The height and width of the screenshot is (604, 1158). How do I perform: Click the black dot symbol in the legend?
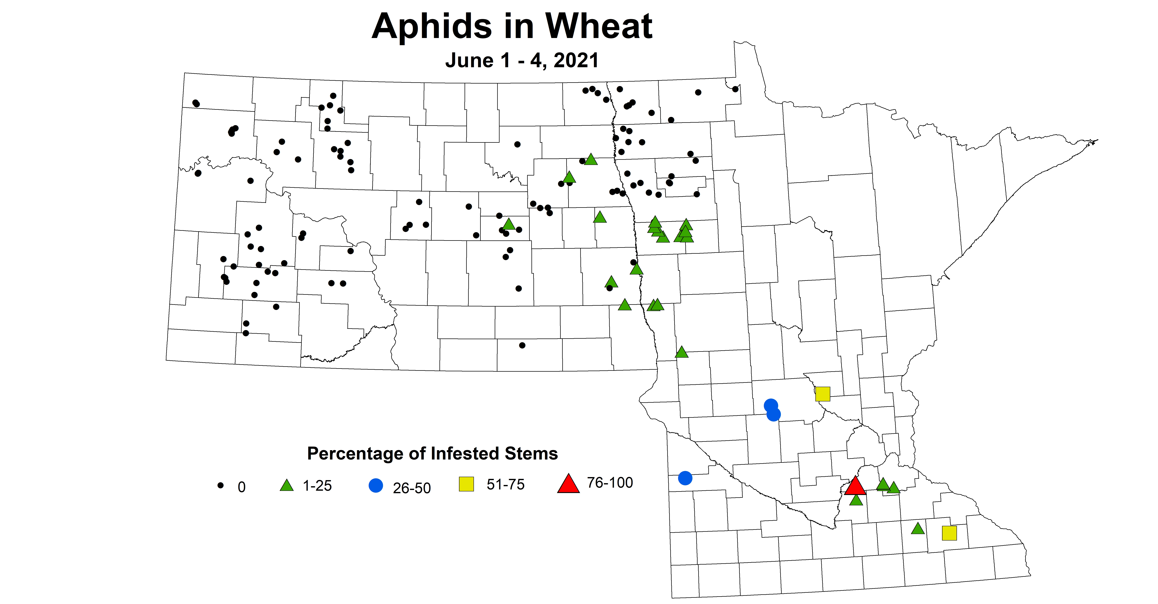(220, 485)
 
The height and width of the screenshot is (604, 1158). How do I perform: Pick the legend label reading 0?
(241, 487)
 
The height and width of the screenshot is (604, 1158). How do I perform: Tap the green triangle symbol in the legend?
(286, 485)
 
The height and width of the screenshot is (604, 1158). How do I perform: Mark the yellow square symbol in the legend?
(466, 484)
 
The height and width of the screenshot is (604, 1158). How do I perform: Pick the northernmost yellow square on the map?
(822, 394)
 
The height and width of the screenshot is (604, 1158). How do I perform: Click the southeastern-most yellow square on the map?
(949, 533)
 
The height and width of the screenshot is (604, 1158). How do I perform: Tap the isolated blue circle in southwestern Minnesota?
(685, 478)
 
